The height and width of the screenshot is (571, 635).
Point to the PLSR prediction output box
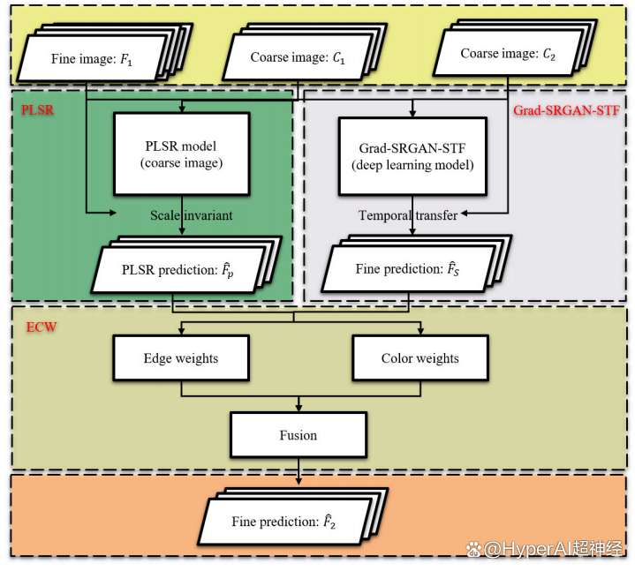[180, 268]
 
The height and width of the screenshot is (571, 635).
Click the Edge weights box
[180, 359]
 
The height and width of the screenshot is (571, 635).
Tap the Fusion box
[298, 435]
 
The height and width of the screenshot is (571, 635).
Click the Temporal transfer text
[408, 215]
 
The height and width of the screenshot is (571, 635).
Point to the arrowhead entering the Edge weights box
[180, 334]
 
